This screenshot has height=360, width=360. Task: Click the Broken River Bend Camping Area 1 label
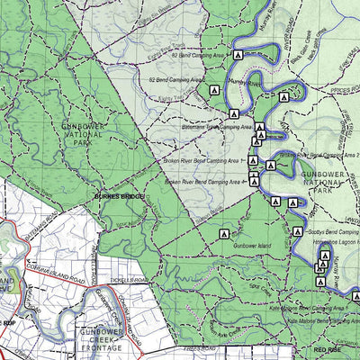pos(202,161)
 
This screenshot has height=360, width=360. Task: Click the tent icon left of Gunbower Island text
pos(223,234)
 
